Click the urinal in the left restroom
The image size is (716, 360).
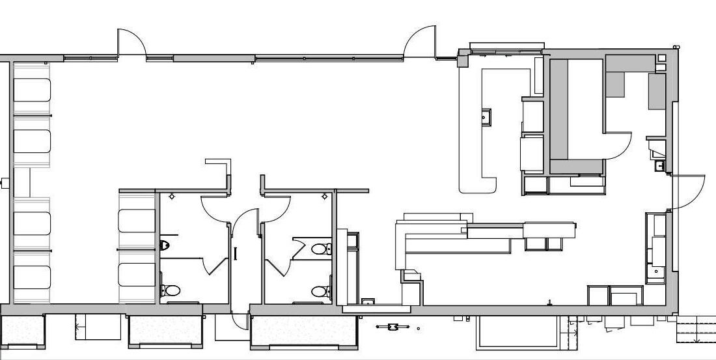pyautogui.click(x=165, y=245)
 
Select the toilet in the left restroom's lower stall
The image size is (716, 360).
pyautogui.click(x=171, y=290)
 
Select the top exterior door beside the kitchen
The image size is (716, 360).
pyautogui.click(x=420, y=40)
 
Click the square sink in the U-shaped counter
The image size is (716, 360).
pyautogui.click(x=486, y=117)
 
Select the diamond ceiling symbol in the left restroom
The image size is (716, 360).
pyautogui.click(x=171, y=196)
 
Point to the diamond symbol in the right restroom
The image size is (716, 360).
pyautogui.click(x=324, y=196)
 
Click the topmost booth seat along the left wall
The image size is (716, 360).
pyautogui.click(x=32, y=90)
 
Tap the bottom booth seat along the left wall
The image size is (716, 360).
pyautogui.click(x=32, y=277)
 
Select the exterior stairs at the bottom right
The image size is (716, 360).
pyautogui.click(x=697, y=328)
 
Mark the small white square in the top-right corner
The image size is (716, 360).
pyautogui.click(x=662, y=58)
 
